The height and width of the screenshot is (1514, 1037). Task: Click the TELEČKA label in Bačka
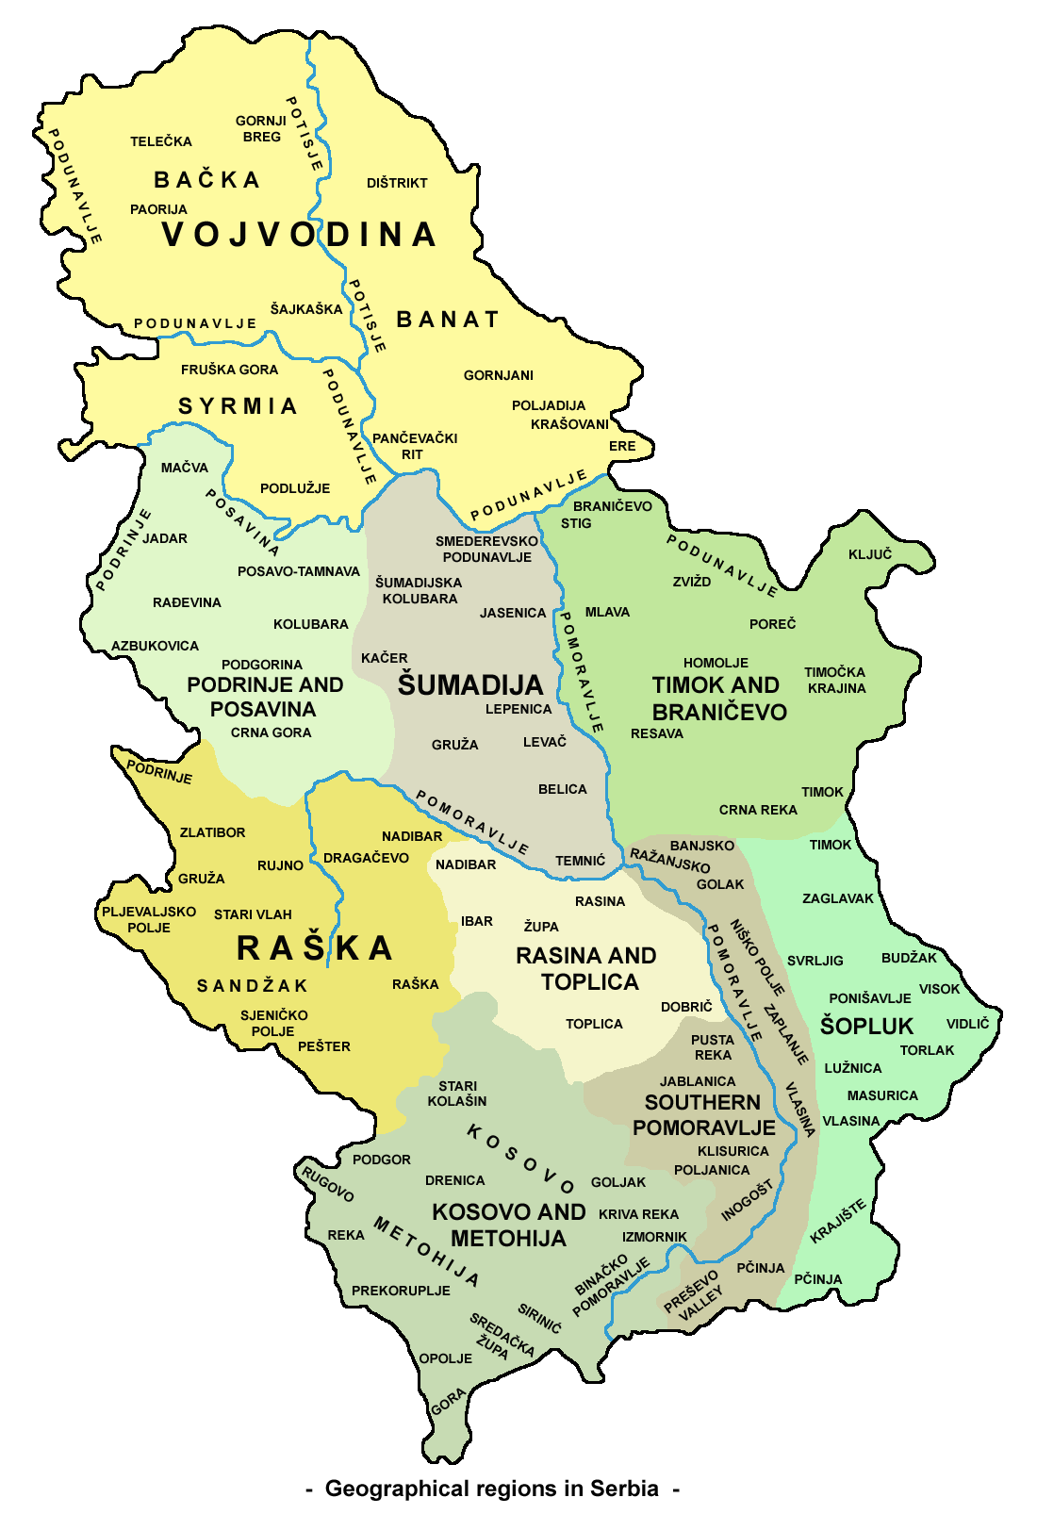(x=161, y=141)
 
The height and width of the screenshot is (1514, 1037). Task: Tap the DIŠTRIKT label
(x=397, y=183)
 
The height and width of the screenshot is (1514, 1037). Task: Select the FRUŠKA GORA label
(x=230, y=370)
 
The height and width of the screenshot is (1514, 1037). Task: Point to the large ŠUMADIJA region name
(x=469, y=685)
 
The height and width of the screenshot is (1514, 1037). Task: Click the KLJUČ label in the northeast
(x=869, y=554)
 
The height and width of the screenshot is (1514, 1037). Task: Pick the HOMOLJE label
(x=716, y=663)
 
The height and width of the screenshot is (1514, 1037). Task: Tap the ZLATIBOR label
(x=212, y=832)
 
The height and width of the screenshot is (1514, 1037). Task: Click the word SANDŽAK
(x=252, y=986)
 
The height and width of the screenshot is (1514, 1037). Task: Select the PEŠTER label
(x=323, y=1046)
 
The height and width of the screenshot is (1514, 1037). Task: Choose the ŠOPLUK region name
(x=866, y=1026)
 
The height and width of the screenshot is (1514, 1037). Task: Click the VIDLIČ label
(x=967, y=1024)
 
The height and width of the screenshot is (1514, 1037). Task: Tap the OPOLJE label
(x=445, y=1358)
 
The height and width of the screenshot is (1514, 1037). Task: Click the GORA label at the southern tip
(x=449, y=1402)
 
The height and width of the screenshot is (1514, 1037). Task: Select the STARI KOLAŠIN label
(x=457, y=1094)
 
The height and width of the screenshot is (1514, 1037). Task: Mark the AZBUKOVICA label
(x=156, y=646)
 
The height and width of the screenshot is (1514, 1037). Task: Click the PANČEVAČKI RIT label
(x=414, y=446)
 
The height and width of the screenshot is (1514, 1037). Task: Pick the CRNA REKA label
(x=758, y=810)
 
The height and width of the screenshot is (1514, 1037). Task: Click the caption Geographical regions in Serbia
(x=491, y=1489)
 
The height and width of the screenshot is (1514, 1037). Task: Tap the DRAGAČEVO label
(x=366, y=858)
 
